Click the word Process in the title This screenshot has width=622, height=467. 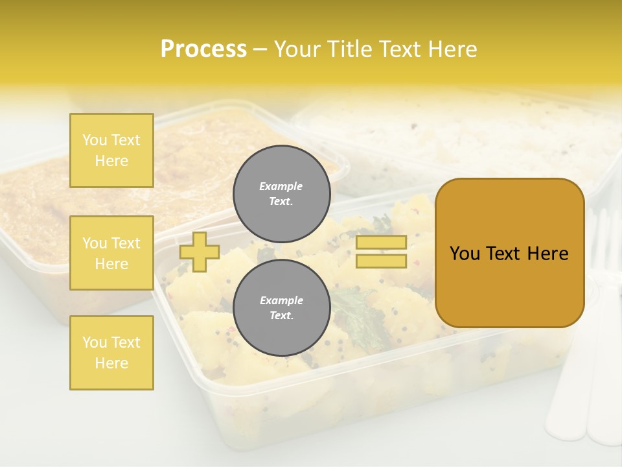tap(203, 49)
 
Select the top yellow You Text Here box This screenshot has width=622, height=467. tap(111, 150)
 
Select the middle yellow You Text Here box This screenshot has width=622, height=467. tap(111, 253)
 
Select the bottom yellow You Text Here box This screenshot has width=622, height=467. tap(111, 353)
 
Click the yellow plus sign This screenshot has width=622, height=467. tap(200, 252)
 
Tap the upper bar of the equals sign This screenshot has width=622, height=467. tap(381, 243)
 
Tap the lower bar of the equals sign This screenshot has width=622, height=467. tap(381, 261)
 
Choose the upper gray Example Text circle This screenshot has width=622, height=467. tap(281, 193)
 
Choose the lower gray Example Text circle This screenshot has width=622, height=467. tap(281, 307)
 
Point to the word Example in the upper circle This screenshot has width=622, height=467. tap(281, 186)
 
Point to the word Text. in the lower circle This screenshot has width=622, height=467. tap(281, 316)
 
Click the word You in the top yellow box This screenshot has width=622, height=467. tap(95, 140)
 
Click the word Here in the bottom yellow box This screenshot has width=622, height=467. tap(111, 363)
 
